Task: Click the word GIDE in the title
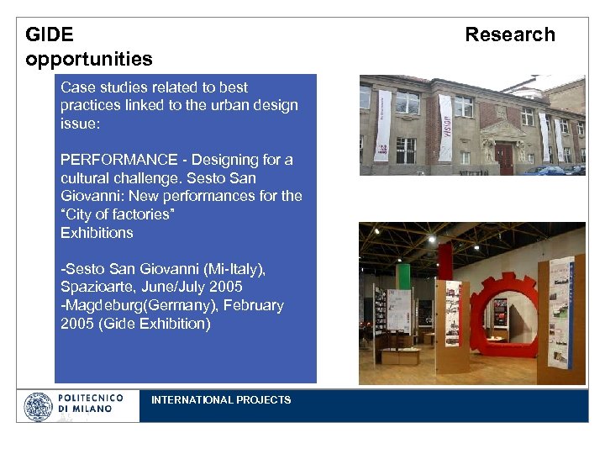click(50, 34)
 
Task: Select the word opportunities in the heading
click(89, 59)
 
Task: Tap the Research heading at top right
click(510, 34)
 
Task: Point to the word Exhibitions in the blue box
click(97, 232)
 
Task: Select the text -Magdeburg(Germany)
click(131, 305)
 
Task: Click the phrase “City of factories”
click(117, 214)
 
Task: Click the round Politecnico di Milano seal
click(38, 407)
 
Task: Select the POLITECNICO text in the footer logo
click(90, 398)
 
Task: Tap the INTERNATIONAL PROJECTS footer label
click(221, 400)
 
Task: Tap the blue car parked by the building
click(550, 170)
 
